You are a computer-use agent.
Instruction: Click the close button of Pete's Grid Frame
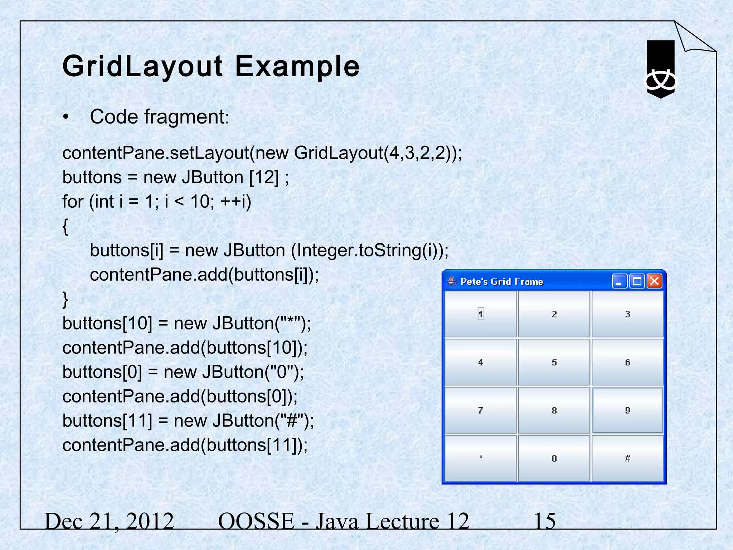point(655,281)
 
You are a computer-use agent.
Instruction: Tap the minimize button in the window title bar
point(619,281)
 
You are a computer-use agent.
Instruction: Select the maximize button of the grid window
point(637,281)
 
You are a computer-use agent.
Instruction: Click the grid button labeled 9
point(628,410)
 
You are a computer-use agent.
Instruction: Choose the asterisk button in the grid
point(481,458)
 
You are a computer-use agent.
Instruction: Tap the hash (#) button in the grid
point(628,458)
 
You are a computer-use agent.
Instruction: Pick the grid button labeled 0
point(554,458)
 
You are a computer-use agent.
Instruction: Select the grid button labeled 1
point(481,314)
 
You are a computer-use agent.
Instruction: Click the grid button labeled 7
point(481,410)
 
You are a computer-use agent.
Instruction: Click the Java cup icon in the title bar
point(452,281)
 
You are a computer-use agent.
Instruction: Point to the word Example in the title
point(297,66)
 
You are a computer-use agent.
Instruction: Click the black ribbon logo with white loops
point(660,70)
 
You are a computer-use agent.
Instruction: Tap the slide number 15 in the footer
point(545,521)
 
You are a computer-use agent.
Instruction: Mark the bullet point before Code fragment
point(65,117)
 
